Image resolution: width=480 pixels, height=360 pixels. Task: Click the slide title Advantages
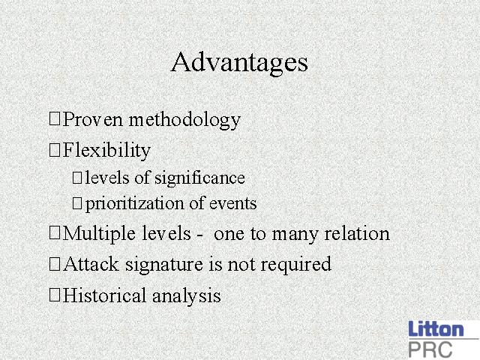tap(239, 63)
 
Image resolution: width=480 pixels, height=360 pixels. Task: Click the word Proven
tap(93, 119)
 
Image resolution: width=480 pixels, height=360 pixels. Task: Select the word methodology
tap(184, 120)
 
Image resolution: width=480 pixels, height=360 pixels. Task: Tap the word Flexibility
tap(106, 151)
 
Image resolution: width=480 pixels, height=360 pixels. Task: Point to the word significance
tap(199, 178)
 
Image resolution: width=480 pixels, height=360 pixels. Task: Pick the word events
tap(232, 204)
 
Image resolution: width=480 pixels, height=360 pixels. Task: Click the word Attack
tap(91, 264)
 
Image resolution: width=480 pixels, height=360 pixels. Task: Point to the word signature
tap(163, 265)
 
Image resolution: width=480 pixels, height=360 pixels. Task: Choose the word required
tap(295, 265)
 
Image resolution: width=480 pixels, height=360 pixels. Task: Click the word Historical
tap(104, 295)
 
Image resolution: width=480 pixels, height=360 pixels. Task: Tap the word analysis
tap(187, 297)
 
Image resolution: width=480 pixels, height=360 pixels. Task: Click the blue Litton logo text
tap(436, 328)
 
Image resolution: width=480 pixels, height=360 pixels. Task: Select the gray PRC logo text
tap(430, 349)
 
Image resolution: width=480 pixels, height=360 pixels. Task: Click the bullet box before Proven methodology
tap(55, 118)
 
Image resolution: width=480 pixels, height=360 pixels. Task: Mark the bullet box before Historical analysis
tap(55, 295)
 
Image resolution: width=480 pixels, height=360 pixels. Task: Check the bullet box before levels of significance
tap(77, 178)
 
